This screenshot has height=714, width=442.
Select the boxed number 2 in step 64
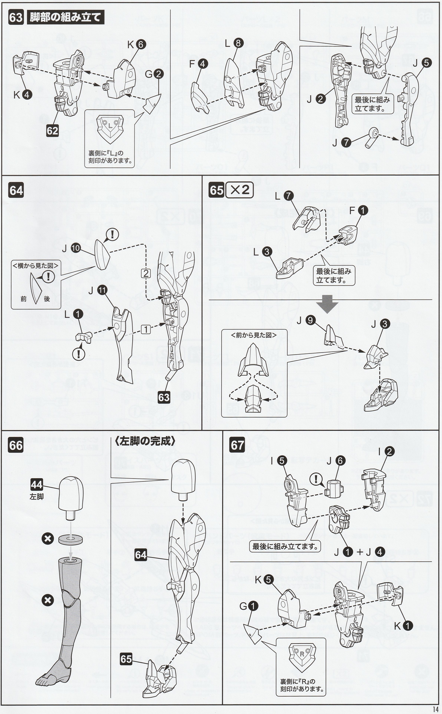(146, 273)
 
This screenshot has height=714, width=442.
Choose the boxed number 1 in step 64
(146, 329)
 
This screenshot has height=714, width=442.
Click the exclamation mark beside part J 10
(112, 235)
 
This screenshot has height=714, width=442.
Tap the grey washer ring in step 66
(70, 539)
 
